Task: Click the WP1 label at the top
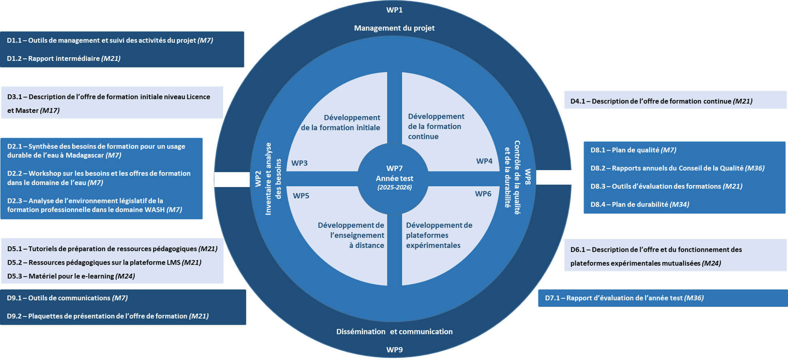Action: pos(394,10)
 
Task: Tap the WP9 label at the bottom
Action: pos(394,350)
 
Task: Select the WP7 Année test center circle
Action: pos(393,179)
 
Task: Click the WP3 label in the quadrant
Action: pos(299,163)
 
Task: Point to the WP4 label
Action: pos(484,161)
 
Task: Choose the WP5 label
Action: pos(301,196)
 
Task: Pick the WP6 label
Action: pos(483,194)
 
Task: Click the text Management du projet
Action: pos(394,28)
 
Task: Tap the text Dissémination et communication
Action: pos(394,332)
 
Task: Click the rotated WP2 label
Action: pos(258,179)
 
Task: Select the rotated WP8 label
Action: pos(528,177)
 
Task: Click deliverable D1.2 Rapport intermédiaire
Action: pos(64,58)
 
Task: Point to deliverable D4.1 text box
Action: pos(675,100)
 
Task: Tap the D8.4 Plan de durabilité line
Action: pos(640,205)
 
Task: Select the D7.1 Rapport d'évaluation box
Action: pos(663,298)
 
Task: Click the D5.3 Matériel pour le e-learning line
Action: pos(71,276)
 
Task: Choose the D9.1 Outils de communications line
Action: pos(67,298)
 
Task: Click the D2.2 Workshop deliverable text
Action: pos(99,178)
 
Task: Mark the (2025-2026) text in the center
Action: pos(394,188)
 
